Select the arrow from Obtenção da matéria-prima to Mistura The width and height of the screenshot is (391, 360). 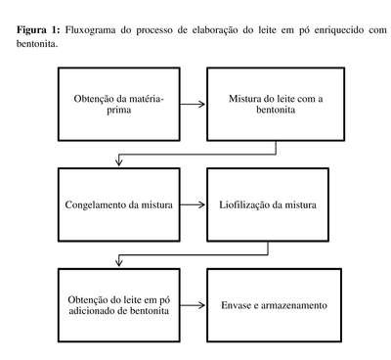(x=193, y=104)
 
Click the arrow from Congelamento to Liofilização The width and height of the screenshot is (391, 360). (x=193, y=204)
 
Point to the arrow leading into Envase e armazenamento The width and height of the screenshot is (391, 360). (x=193, y=305)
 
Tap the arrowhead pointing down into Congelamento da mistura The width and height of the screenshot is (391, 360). (x=119, y=161)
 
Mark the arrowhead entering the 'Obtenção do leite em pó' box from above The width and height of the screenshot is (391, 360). (x=119, y=262)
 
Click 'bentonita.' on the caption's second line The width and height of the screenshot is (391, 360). (x=37, y=44)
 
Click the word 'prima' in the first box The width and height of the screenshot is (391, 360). (x=119, y=111)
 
